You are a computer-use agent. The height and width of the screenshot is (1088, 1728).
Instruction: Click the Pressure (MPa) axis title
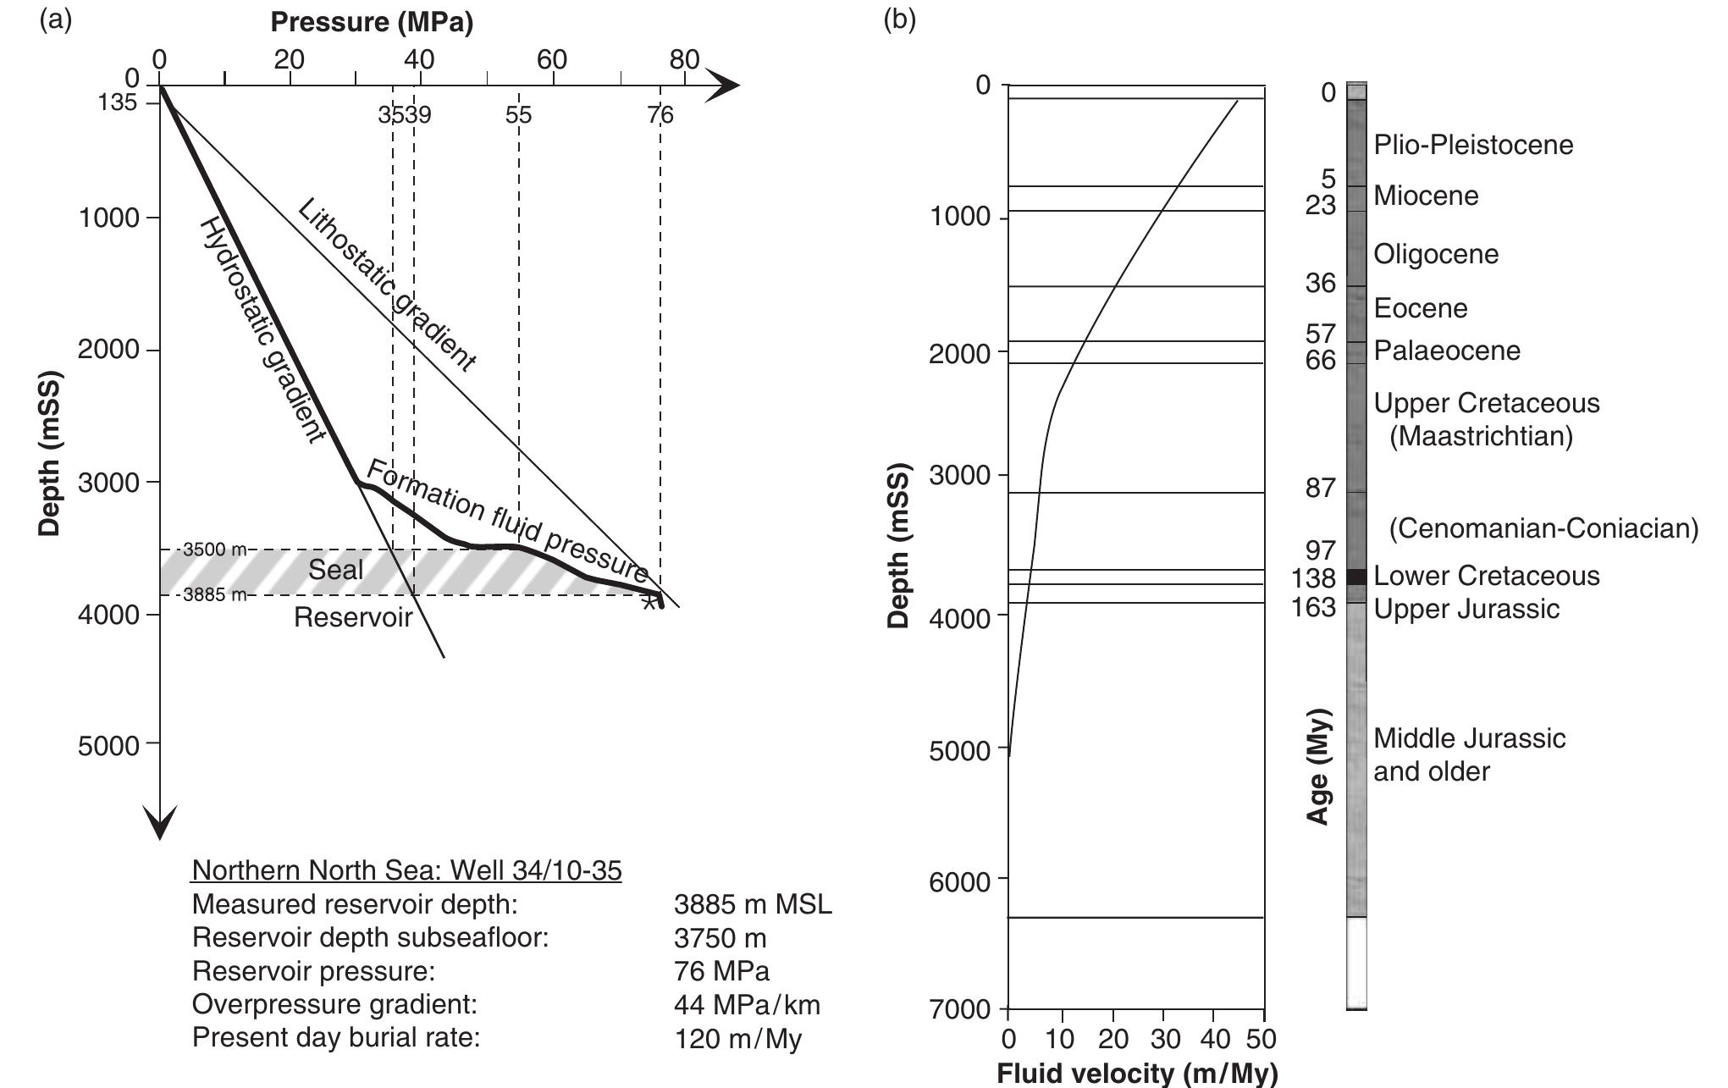pyautogui.click(x=372, y=23)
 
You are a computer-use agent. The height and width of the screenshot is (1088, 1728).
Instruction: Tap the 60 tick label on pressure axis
pyautogui.click(x=551, y=59)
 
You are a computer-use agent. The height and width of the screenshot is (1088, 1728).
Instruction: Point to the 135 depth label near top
pyautogui.click(x=117, y=103)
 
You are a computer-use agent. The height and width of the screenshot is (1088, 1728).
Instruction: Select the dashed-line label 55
pyautogui.click(x=518, y=115)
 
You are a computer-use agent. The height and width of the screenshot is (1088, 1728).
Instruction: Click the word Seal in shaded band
pyautogui.click(x=335, y=570)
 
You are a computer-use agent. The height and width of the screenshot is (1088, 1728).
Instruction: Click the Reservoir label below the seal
pyautogui.click(x=352, y=617)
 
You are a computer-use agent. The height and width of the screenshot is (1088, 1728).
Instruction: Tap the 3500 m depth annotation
pyautogui.click(x=215, y=550)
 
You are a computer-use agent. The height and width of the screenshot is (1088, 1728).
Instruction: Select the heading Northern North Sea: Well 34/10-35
pyautogui.click(x=406, y=870)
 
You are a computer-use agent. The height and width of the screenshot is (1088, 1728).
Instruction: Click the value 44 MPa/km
pyautogui.click(x=747, y=1005)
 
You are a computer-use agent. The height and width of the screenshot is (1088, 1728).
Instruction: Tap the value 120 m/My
pyautogui.click(x=737, y=1038)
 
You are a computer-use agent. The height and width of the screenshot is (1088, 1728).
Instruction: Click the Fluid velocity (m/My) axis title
pyautogui.click(x=1136, y=1074)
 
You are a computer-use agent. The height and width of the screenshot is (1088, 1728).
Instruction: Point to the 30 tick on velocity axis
pyautogui.click(x=1163, y=1039)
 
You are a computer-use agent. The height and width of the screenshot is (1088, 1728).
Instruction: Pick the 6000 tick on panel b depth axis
pyautogui.click(x=959, y=882)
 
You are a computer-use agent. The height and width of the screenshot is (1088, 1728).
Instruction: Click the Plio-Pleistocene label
pyautogui.click(x=1473, y=145)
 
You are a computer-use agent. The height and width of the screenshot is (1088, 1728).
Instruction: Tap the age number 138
pyautogui.click(x=1313, y=578)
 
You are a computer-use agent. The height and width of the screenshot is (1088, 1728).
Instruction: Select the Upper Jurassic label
pyautogui.click(x=1466, y=609)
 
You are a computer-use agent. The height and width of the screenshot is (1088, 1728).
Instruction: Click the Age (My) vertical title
pyautogui.click(x=1319, y=765)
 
